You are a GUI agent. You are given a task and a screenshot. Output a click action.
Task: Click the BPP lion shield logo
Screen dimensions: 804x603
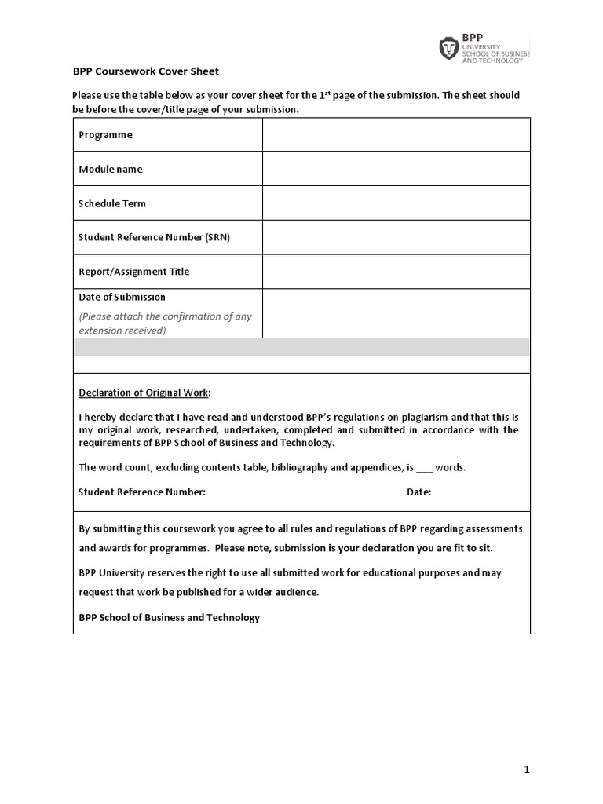coord(448,49)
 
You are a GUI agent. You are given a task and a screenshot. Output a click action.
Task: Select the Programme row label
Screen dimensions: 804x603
coord(105,135)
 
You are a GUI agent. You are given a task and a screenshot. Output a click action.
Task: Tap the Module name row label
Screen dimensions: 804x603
coord(111,169)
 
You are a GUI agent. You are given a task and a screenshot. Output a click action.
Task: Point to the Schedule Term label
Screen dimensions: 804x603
coord(112,203)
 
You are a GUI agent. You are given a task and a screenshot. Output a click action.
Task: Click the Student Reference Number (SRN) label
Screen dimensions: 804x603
coord(155,237)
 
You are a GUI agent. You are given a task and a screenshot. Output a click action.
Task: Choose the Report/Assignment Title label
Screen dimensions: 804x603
coord(134,272)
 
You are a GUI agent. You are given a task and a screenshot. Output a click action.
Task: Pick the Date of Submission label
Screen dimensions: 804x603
coord(122,297)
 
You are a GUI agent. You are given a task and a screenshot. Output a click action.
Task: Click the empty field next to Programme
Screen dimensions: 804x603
coord(396,135)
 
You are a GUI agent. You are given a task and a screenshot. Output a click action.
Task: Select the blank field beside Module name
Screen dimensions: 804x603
coord(396,169)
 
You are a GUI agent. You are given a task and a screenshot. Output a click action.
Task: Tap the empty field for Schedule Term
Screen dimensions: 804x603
coord(396,203)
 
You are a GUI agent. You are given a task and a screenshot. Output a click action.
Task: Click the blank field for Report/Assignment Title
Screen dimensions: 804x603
coord(396,272)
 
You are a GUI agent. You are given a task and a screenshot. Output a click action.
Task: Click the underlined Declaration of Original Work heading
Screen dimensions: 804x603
coord(144,393)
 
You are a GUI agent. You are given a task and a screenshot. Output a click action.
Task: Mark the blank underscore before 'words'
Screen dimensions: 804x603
coord(424,468)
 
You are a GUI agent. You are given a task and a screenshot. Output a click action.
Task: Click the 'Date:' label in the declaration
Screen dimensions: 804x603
coord(418,492)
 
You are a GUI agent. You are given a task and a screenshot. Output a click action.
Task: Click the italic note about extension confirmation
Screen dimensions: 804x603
coord(165,323)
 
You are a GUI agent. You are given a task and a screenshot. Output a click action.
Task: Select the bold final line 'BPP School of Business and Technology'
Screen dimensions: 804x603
coord(169,617)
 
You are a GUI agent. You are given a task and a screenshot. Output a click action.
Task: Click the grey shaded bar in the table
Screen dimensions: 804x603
coord(301,347)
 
